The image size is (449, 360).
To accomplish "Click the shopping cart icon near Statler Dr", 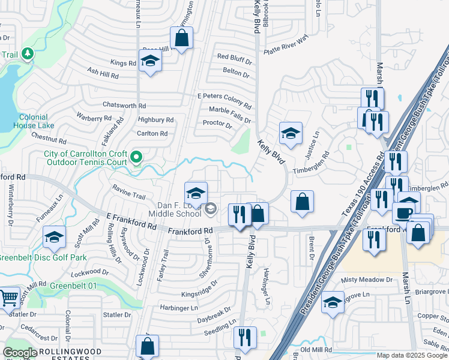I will click(x=8, y=298).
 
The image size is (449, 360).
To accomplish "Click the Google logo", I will click(x=19, y=353).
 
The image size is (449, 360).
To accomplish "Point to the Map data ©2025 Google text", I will click(x=412, y=355).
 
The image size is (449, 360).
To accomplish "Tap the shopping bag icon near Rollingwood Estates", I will click(x=148, y=346).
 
